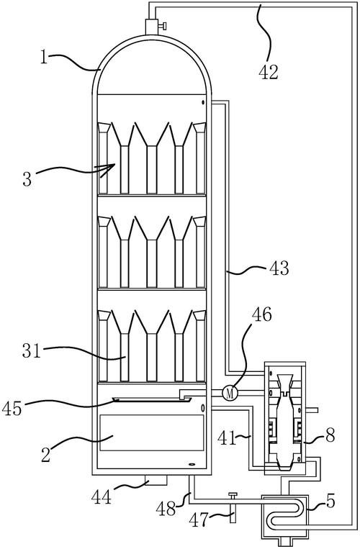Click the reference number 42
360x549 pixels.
click(x=269, y=72)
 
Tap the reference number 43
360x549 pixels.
click(x=279, y=268)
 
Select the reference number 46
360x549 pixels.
click(x=261, y=314)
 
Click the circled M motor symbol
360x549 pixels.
click(x=230, y=393)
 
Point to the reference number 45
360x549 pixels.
click(x=12, y=409)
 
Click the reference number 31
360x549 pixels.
click(x=32, y=351)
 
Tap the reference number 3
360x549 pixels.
click(x=27, y=179)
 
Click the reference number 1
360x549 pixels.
click(x=44, y=57)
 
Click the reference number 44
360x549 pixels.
click(x=101, y=496)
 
